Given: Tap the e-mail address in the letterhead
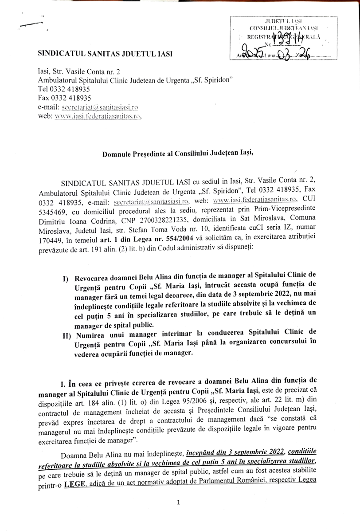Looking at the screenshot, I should pyautogui.click(x=107, y=107).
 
